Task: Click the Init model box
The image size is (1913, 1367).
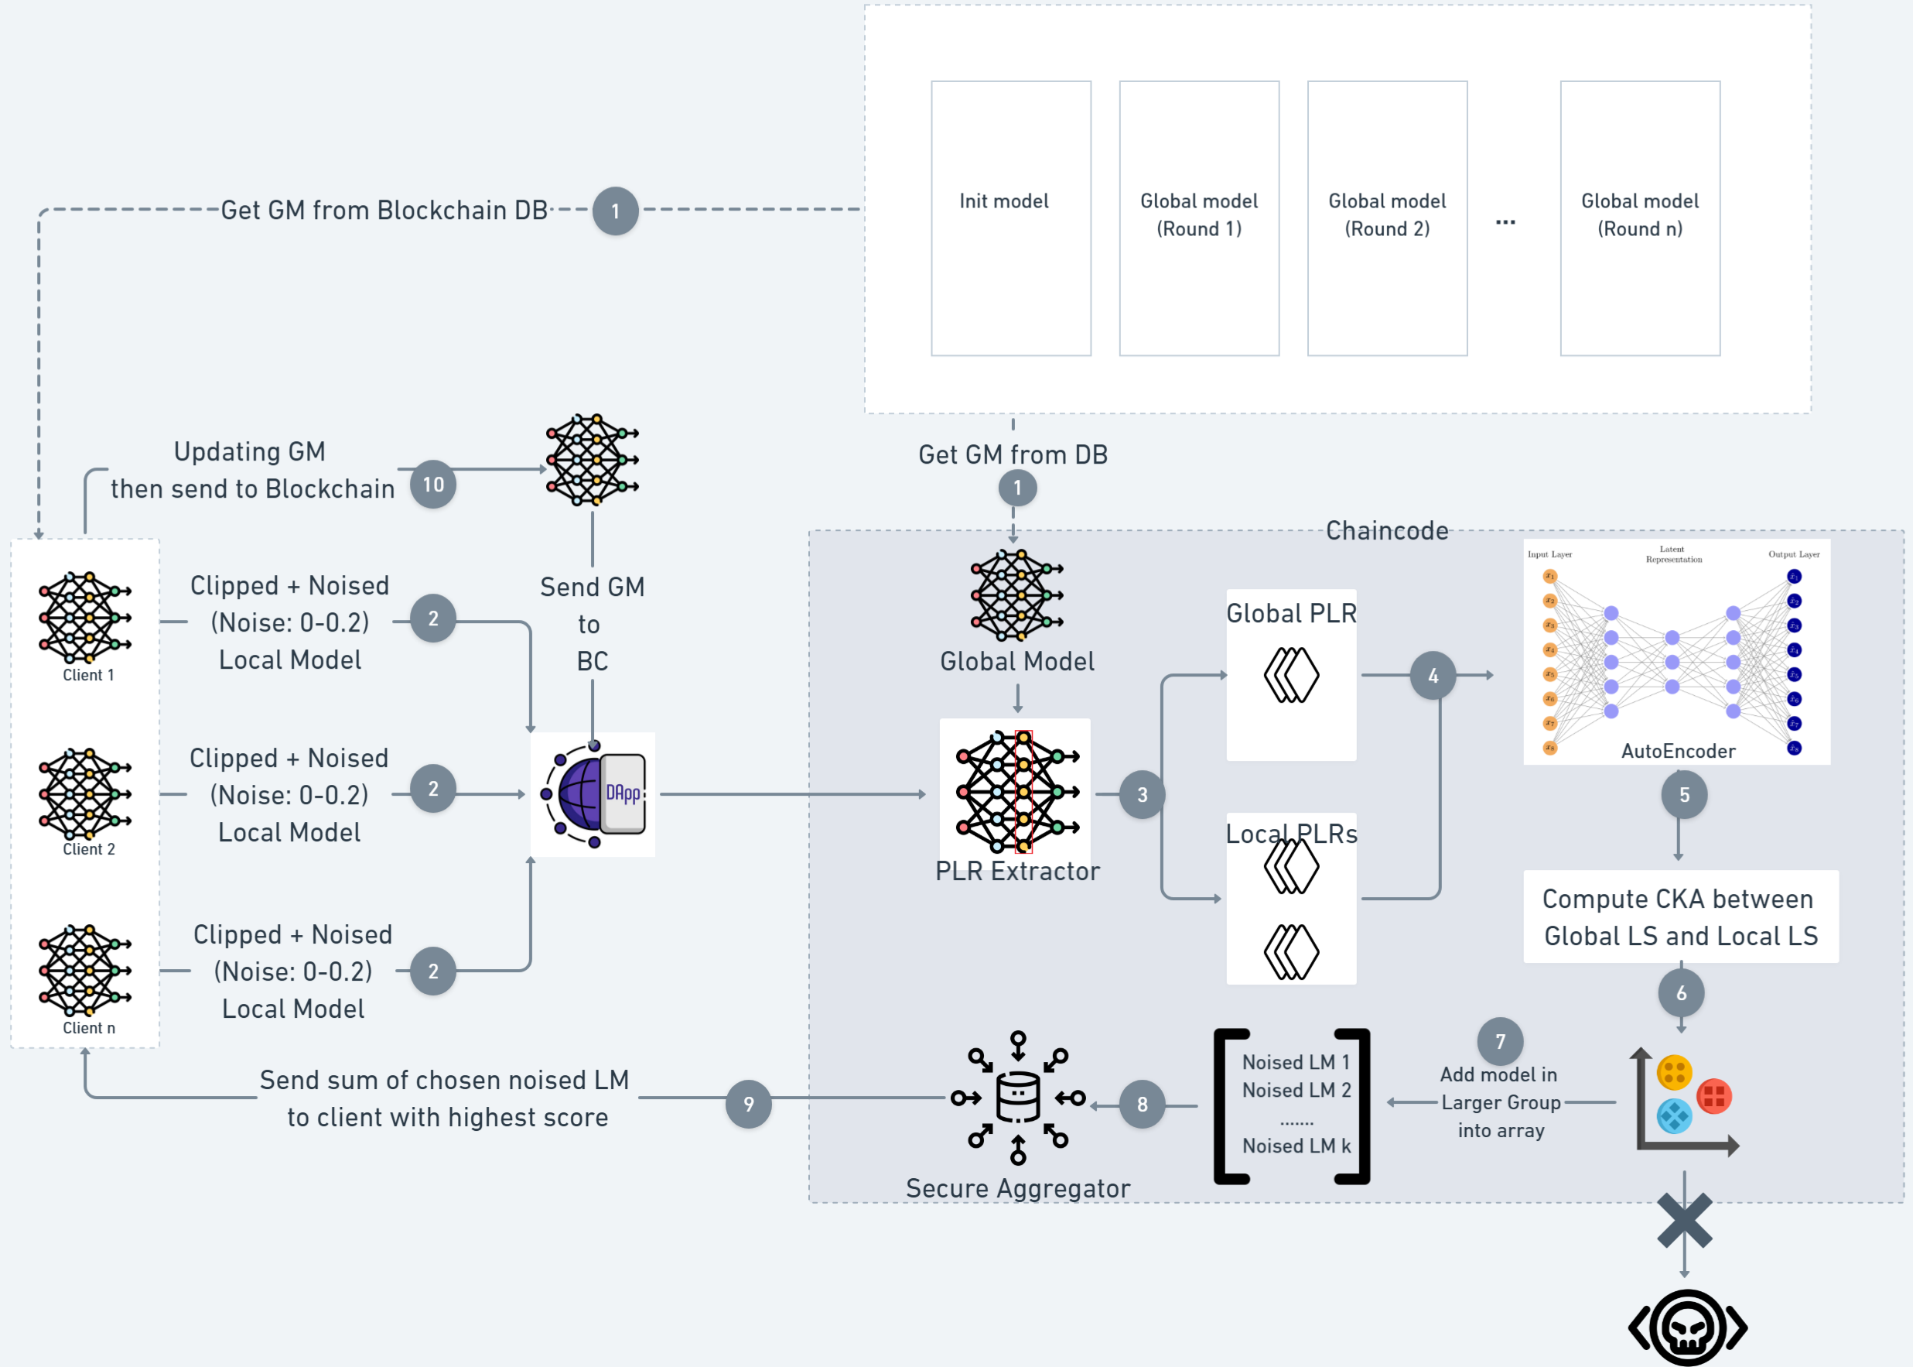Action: [x=1010, y=218]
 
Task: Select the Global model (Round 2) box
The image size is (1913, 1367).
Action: [x=1386, y=218]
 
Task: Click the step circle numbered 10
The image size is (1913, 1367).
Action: [x=433, y=485]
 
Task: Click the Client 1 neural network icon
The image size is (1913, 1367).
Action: [x=85, y=617]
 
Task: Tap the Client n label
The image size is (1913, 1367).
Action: [x=88, y=1028]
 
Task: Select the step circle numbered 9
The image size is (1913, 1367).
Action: [x=748, y=1104]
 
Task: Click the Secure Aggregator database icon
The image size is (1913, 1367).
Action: [x=1017, y=1098]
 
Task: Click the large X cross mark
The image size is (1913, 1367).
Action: [x=1684, y=1221]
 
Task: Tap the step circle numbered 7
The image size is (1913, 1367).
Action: [x=1500, y=1041]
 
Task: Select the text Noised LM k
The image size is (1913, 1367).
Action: [x=1296, y=1146]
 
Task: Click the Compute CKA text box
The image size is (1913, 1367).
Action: [x=1680, y=916]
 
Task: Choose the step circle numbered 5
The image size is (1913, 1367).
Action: [x=1683, y=795]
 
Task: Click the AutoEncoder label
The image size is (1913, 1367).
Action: [x=1677, y=751]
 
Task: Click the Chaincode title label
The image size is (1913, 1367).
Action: [x=1386, y=531]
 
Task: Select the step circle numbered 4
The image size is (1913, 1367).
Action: [x=1433, y=675]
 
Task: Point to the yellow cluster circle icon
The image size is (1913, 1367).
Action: [x=1673, y=1072]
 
